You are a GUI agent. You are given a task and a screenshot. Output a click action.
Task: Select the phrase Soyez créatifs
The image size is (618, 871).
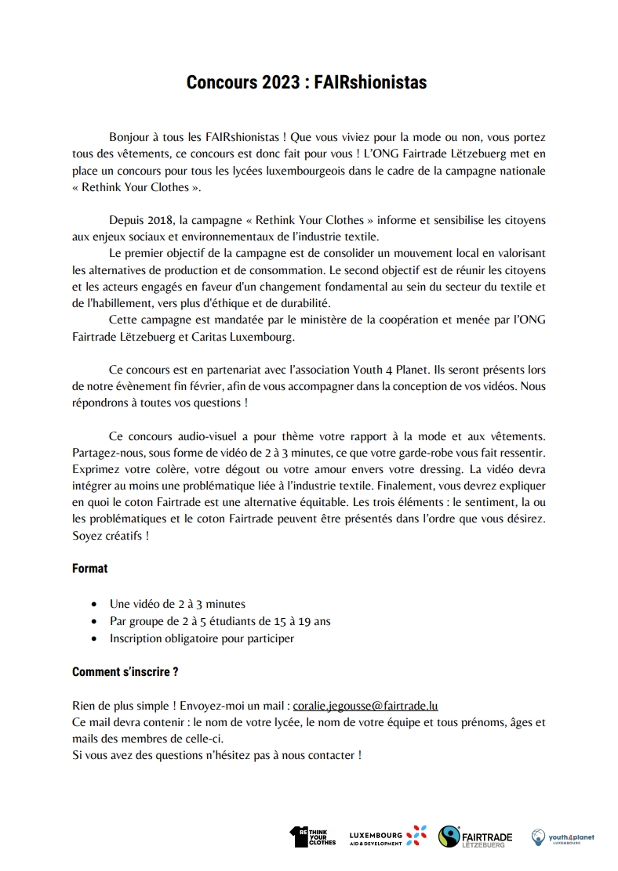[x=110, y=536]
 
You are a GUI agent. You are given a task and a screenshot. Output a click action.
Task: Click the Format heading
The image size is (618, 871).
[x=89, y=569]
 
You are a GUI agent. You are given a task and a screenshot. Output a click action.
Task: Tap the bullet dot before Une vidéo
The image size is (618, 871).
[x=95, y=605]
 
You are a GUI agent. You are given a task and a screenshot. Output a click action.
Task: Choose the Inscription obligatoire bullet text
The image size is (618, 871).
[x=202, y=638]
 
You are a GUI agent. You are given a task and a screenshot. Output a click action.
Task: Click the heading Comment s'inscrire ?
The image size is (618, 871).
[x=125, y=672]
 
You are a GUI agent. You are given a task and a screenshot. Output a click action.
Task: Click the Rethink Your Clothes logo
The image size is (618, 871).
[x=312, y=837]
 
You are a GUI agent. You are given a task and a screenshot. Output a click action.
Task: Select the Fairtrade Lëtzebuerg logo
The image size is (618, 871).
[x=475, y=837]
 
